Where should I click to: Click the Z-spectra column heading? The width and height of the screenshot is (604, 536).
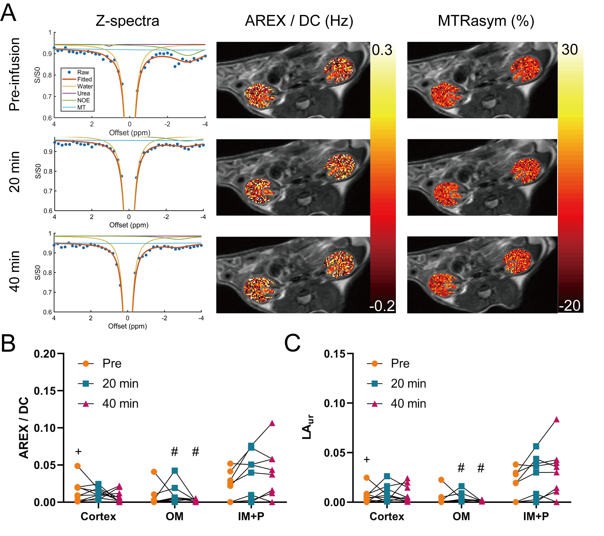127,21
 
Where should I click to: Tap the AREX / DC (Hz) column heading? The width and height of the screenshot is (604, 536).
299,21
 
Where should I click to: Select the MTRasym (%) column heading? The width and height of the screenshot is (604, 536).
486,21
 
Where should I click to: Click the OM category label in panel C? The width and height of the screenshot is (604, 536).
461,516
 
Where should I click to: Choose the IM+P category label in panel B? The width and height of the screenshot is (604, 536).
251,516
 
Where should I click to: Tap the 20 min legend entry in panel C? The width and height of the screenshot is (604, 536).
408,384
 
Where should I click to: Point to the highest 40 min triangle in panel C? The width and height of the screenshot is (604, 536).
556,419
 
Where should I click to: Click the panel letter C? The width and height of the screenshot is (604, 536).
292,343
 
